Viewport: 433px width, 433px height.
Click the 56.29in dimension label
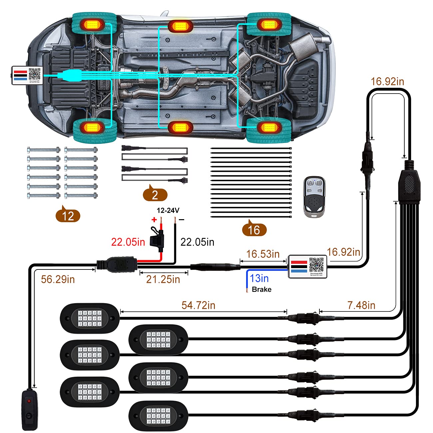click(x=58, y=279)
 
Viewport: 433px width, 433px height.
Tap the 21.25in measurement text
click(x=163, y=279)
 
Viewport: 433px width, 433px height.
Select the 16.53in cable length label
click(x=263, y=254)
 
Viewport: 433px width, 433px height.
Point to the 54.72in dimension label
click(x=199, y=305)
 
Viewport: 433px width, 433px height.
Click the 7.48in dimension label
click(x=361, y=305)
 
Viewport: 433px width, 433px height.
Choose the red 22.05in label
click(x=128, y=242)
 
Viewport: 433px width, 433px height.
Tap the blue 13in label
click(x=259, y=278)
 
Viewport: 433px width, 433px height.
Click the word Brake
click(x=261, y=289)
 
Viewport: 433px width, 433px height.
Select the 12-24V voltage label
click(x=168, y=210)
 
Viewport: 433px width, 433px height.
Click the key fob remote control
click(x=314, y=197)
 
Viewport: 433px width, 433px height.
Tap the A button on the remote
click(x=310, y=183)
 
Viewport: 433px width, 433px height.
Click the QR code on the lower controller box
click(x=316, y=264)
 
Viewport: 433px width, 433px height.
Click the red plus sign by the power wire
click(x=154, y=219)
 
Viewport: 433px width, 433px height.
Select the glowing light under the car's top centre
click(x=181, y=26)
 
